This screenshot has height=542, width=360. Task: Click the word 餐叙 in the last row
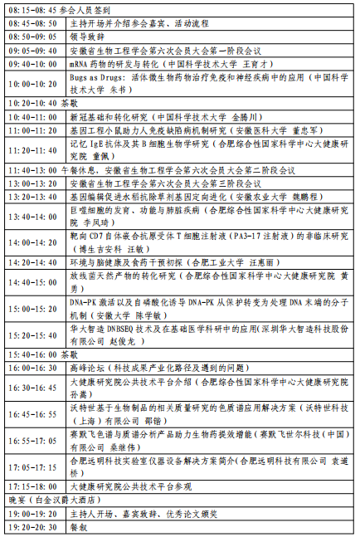click(x=79, y=527)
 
